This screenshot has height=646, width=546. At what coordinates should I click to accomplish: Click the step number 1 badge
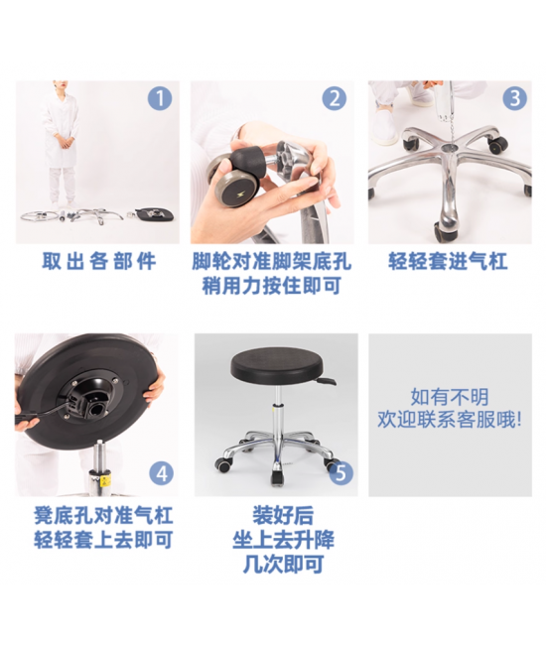coord(160,98)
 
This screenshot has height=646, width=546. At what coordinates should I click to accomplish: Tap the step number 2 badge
coord(335,98)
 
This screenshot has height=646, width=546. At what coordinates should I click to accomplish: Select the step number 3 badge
coord(514,98)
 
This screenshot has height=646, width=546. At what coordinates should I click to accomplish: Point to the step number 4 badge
coord(161,473)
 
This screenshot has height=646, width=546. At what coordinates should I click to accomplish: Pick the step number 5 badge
coord(341,473)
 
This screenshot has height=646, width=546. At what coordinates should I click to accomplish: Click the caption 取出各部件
coord(99,261)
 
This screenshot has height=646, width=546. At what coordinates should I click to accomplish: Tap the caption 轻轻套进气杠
coord(448,261)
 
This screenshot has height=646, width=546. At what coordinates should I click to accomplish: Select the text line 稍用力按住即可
coord(271,286)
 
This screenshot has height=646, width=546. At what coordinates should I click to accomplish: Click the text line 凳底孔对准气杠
coord(103,515)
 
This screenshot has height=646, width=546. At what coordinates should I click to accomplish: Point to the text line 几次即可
coord(283,564)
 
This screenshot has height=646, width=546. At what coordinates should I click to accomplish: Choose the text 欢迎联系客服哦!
coord(450,420)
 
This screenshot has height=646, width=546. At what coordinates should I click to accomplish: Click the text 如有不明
coord(450,397)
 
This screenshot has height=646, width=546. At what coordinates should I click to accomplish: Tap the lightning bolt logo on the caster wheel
coord(239,193)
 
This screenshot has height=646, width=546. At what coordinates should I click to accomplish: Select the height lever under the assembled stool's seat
coord(326,380)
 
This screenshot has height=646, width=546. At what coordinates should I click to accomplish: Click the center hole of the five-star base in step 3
coord(448,147)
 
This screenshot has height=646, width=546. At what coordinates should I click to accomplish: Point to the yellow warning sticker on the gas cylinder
coord(105,480)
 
